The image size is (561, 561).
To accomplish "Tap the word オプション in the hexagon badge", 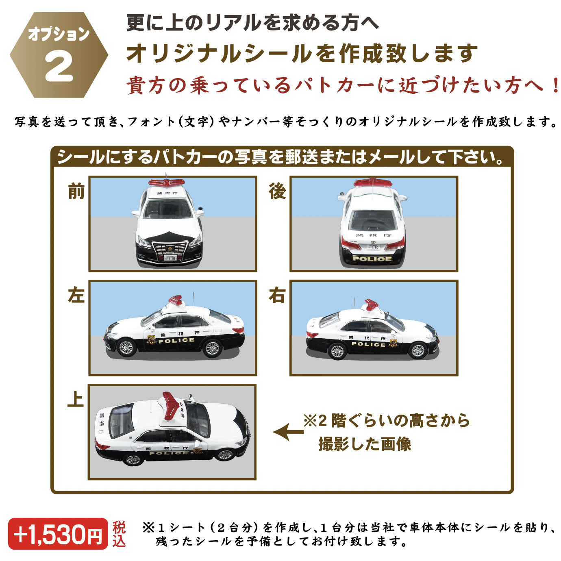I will point(59,34).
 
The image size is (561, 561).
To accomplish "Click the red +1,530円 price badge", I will point(58,534).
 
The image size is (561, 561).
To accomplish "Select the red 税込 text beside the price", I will point(119,534).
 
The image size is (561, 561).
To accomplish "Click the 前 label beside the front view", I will point(76,191).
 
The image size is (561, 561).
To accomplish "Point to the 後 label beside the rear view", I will point(277,191).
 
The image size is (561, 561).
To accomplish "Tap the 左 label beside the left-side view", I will point(76,295).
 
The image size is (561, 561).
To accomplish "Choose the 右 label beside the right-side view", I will point(277,295).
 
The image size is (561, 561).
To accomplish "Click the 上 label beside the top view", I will point(76,399).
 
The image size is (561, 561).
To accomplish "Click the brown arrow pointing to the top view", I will point(288,432).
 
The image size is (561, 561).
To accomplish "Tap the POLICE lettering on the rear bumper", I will point(372,259).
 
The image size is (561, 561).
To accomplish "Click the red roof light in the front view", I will point(166,183).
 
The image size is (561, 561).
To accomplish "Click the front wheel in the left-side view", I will point(126,348).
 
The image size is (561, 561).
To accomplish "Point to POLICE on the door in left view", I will point(176,341).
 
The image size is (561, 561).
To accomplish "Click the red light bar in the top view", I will point(170,405).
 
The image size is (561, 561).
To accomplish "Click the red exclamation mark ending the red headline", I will point(555,86).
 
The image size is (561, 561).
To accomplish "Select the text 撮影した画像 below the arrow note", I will point(365,444).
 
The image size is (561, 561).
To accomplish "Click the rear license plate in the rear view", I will point(373,246).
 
